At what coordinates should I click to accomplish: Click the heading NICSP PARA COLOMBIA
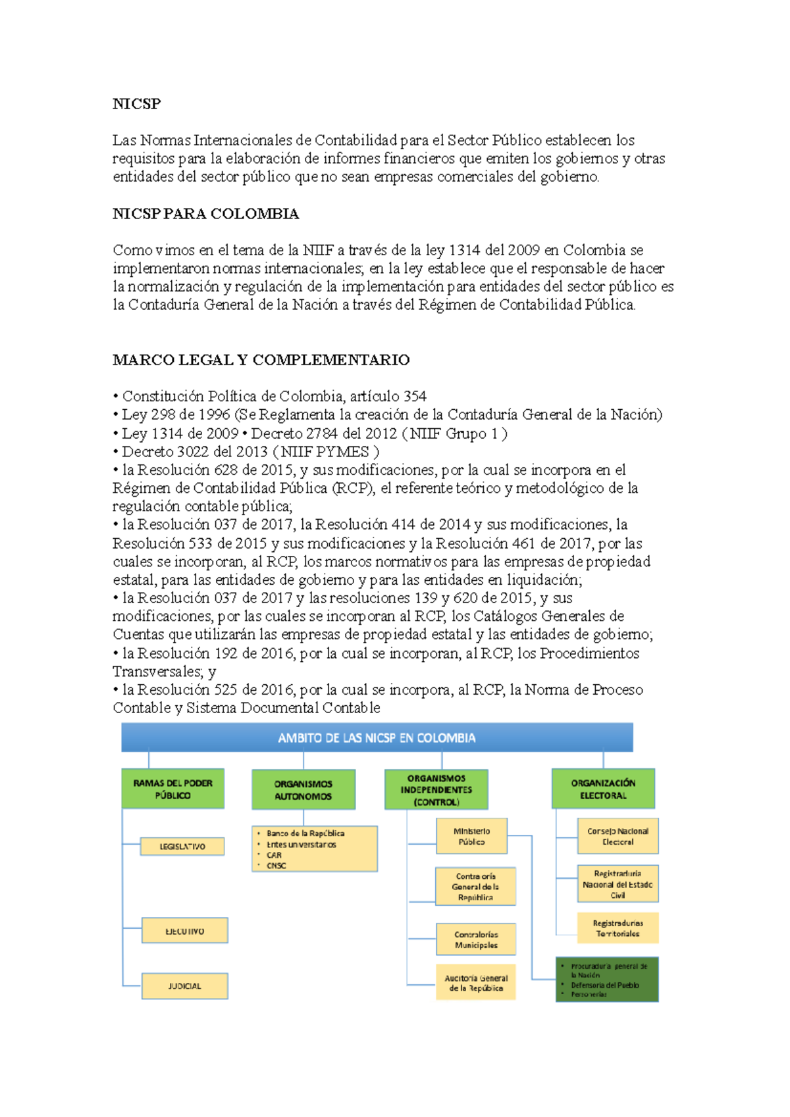coord(205,214)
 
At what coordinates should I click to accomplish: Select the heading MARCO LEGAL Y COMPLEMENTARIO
coord(261,360)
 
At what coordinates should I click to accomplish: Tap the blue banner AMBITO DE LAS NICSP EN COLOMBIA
coord(377,737)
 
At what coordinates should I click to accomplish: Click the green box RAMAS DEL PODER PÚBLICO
coord(172,789)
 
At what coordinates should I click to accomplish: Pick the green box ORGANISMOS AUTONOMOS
coord(303,789)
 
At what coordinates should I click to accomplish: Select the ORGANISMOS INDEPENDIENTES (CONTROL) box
coord(436,789)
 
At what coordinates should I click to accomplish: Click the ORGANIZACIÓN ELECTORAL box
coord(603,789)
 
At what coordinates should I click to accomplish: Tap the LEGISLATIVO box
coord(182,847)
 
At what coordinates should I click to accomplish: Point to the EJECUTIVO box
coord(184,931)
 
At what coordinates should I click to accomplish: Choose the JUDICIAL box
coord(184,986)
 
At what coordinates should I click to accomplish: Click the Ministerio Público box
coord(471,836)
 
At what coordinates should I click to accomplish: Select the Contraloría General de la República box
coord(475,886)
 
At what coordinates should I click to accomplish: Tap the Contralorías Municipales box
coord(475,939)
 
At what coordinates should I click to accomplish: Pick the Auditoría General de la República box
coord(475,983)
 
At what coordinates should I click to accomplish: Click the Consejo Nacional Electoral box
coord(618,836)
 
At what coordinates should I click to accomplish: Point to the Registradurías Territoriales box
coord(618,928)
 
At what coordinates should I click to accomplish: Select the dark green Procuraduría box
coord(607,980)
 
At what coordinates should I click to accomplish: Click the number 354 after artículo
coord(415,396)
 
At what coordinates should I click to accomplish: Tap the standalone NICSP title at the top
coord(136,104)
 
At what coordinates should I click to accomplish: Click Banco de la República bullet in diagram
coord(305,833)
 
